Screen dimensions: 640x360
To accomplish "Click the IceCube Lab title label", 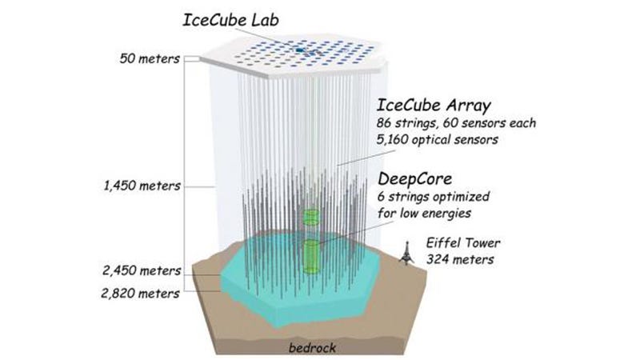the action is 230,21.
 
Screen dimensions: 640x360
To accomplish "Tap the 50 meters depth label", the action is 150,58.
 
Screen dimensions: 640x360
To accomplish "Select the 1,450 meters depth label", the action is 142,186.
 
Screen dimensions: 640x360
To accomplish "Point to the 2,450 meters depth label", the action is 142,270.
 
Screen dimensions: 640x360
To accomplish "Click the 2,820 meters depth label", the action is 141,294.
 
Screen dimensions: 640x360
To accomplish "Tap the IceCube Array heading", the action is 434,106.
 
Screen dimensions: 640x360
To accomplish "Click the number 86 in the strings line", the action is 384,123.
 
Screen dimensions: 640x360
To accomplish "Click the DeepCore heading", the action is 414,178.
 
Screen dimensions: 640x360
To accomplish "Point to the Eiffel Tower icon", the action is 406,253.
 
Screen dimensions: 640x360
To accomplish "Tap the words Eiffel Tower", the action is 463,243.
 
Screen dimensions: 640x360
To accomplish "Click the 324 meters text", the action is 460,259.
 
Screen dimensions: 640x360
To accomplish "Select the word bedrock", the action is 312,348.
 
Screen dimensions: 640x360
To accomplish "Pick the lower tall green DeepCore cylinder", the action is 311,256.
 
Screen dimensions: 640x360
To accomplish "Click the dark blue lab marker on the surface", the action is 300,50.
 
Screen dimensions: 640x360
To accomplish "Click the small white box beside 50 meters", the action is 192,59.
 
